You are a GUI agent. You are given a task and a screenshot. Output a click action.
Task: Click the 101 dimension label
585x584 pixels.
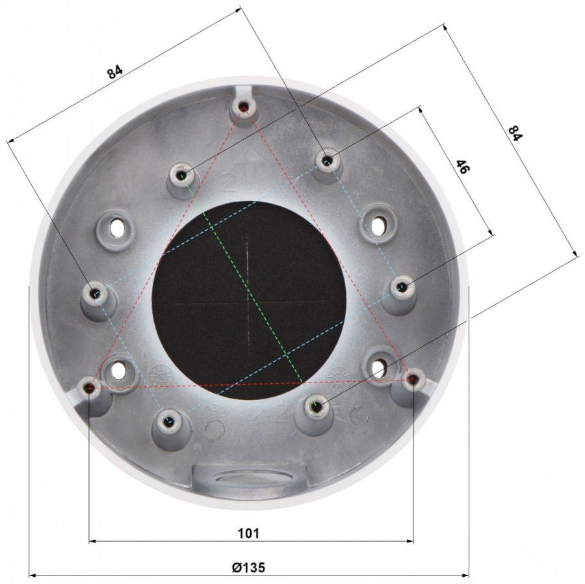click(248, 533)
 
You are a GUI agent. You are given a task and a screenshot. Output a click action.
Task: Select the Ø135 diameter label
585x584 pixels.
click(248, 568)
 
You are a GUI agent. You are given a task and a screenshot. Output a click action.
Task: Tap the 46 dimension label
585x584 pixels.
click(462, 166)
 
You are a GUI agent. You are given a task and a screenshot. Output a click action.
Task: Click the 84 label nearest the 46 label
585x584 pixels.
click(515, 133)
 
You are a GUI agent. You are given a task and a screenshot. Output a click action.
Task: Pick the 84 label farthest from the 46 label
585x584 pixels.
click(114, 72)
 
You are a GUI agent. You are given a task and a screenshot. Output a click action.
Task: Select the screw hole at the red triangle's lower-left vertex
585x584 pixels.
click(90, 388)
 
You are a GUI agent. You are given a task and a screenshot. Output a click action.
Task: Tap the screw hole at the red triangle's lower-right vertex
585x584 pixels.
click(413, 380)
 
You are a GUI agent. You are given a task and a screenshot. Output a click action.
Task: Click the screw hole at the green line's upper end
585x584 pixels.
click(183, 176)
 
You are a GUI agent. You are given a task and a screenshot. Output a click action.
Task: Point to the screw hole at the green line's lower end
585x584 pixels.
click(316, 406)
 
